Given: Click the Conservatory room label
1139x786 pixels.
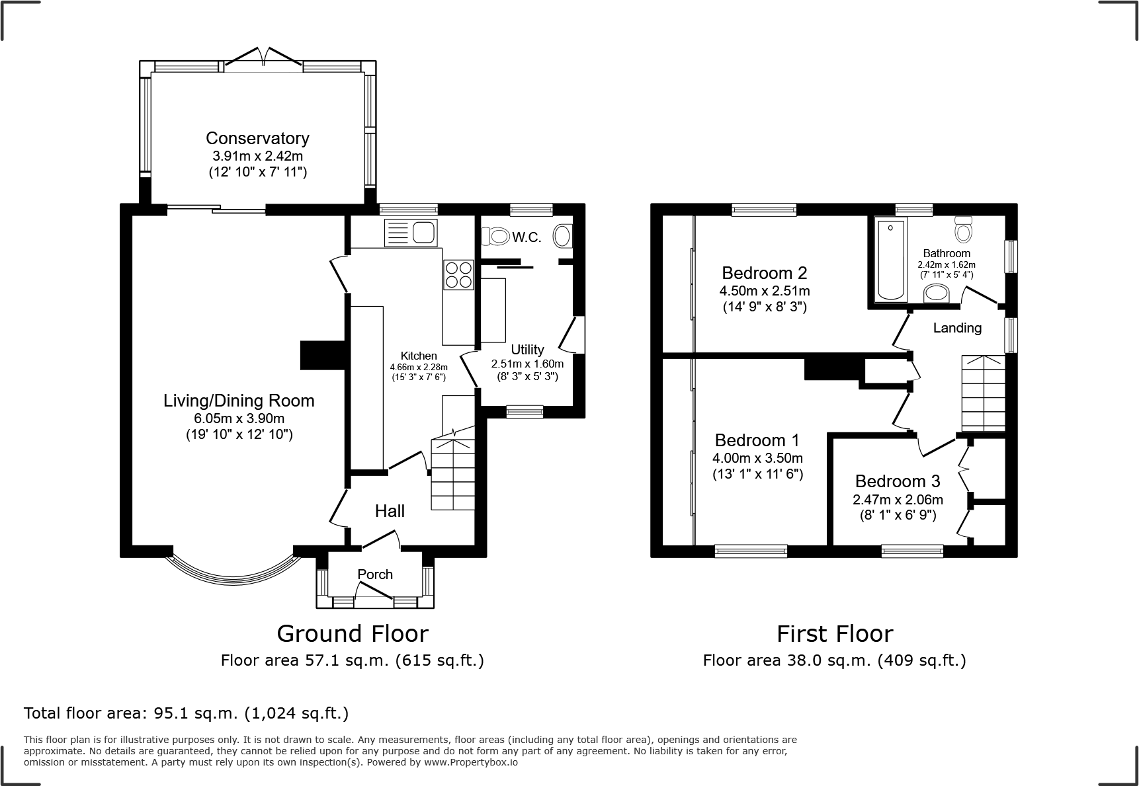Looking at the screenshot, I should coord(257,138).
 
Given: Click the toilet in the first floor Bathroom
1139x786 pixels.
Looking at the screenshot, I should coord(963,229).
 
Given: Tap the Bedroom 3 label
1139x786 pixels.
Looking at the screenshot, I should coord(898,481).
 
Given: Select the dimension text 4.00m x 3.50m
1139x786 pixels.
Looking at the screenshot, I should coord(757,458).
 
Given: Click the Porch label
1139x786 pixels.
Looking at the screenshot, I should coord(375,574).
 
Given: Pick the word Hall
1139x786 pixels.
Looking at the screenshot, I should coord(390,511).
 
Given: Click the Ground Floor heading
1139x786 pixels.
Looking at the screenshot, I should coord(352,633).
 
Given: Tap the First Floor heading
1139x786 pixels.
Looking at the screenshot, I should coord(834,633).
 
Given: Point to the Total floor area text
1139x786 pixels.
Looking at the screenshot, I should coord(186,713).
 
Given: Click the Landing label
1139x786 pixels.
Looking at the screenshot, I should coord(957,328).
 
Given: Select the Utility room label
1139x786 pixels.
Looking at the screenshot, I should coord(527,350).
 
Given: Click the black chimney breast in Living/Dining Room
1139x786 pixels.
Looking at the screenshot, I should coord(323,355).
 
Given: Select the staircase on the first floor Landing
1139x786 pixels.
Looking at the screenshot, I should coord(983,393).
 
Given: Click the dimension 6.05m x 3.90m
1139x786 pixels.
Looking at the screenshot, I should coord(239,418).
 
